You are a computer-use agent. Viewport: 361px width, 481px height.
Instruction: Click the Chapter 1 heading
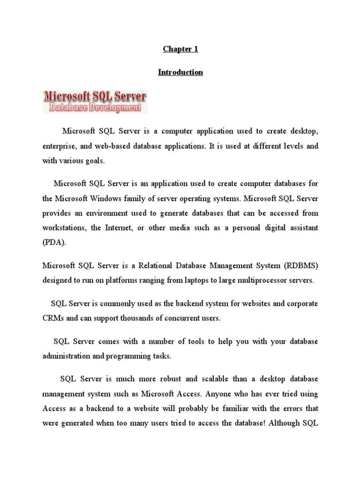tap(180, 49)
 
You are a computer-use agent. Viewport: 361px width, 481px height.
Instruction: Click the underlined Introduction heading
tap(180, 72)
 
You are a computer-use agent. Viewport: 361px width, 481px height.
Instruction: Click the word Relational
tap(163, 266)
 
